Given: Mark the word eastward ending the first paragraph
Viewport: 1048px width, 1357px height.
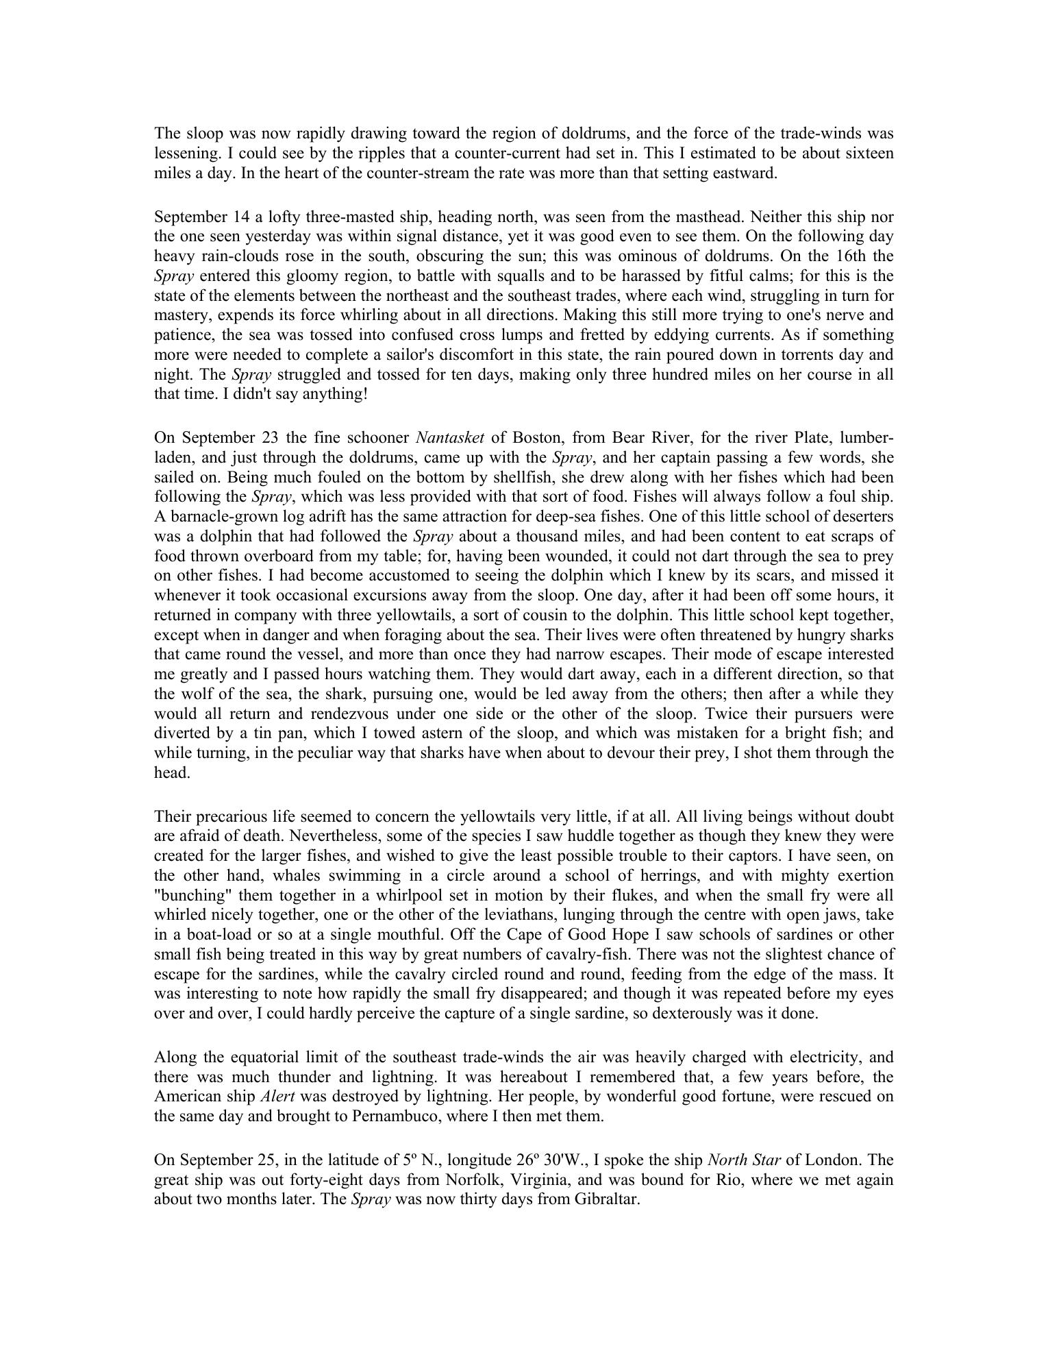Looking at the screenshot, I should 745,173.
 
